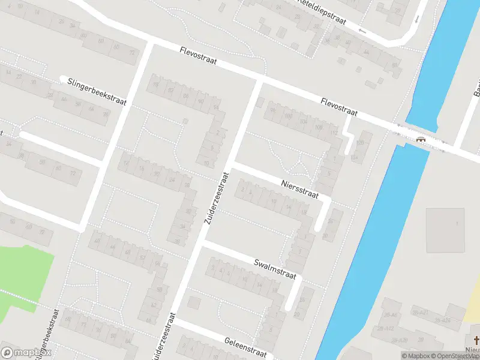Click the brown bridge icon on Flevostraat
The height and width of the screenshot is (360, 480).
pos(422,139)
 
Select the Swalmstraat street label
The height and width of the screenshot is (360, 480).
pos(275,269)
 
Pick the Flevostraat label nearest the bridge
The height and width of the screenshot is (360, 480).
pos(339,108)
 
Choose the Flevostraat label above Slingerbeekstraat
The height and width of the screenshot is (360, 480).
pos(197,57)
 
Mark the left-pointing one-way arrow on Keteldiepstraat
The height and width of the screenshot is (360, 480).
pos(362,29)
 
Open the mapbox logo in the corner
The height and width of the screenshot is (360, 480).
pos(24,353)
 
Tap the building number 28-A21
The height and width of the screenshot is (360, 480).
pos(419,313)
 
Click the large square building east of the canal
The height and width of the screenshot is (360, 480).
pos(445,230)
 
